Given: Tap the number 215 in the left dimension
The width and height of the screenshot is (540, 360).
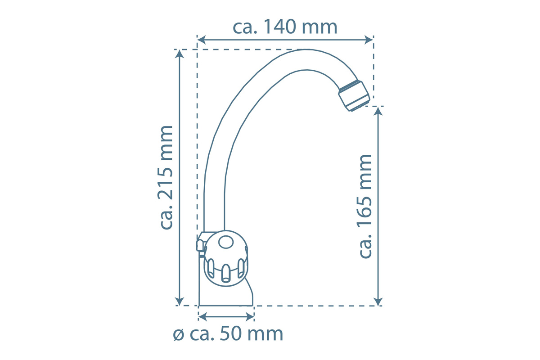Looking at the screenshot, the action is click(165, 184).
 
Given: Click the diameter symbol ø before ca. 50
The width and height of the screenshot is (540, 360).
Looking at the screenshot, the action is click(179, 335).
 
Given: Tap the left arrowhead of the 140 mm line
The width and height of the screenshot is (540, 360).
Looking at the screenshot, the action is click(202, 40).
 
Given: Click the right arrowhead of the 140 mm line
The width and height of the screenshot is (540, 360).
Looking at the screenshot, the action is click(369, 40).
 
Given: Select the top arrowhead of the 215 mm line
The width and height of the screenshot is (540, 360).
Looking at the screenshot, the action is click(180, 54).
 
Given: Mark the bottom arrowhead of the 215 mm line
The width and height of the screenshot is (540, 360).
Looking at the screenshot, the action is click(180, 301).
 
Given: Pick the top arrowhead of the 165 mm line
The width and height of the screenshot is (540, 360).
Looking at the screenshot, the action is click(378, 111).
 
